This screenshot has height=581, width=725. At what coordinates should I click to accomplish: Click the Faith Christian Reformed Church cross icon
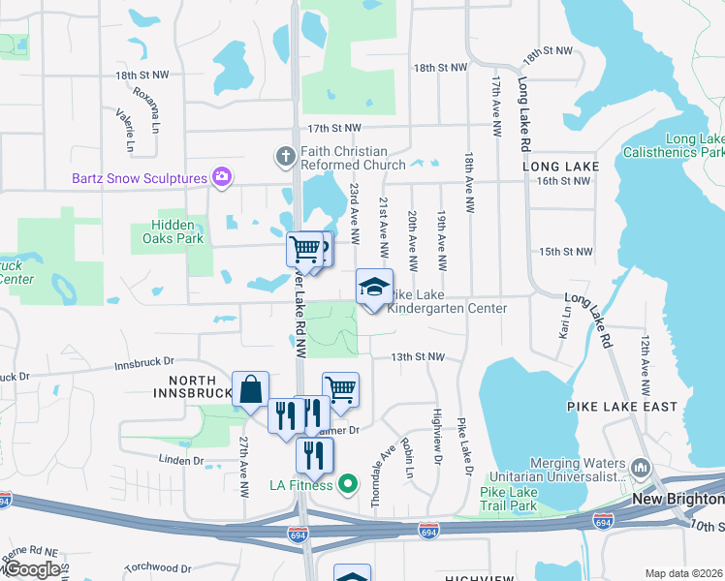pyautogui.click(x=285, y=155)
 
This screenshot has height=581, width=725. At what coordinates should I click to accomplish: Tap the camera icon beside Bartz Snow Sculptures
pyautogui.click(x=223, y=177)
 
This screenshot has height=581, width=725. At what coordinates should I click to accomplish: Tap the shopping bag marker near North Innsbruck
pyautogui.click(x=250, y=389)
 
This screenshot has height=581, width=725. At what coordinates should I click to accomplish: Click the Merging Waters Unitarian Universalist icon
pyautogui.click(x=640, y=469)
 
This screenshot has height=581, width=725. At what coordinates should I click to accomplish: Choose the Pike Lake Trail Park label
pyautogui.click(x=509, y=499)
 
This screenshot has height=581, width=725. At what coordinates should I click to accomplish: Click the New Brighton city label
pyautogui.click(x=678, y=499)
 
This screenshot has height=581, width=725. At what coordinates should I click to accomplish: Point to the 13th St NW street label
pyautogui.click(x=417, y=357)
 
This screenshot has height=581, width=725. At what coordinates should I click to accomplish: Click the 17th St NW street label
pyautogui.click(x=334, y=128)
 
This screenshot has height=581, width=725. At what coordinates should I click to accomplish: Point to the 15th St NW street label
pyautogui.click(x=565, y=252)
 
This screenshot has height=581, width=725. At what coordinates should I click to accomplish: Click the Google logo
pyautogui.click(x=31, y=570)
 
